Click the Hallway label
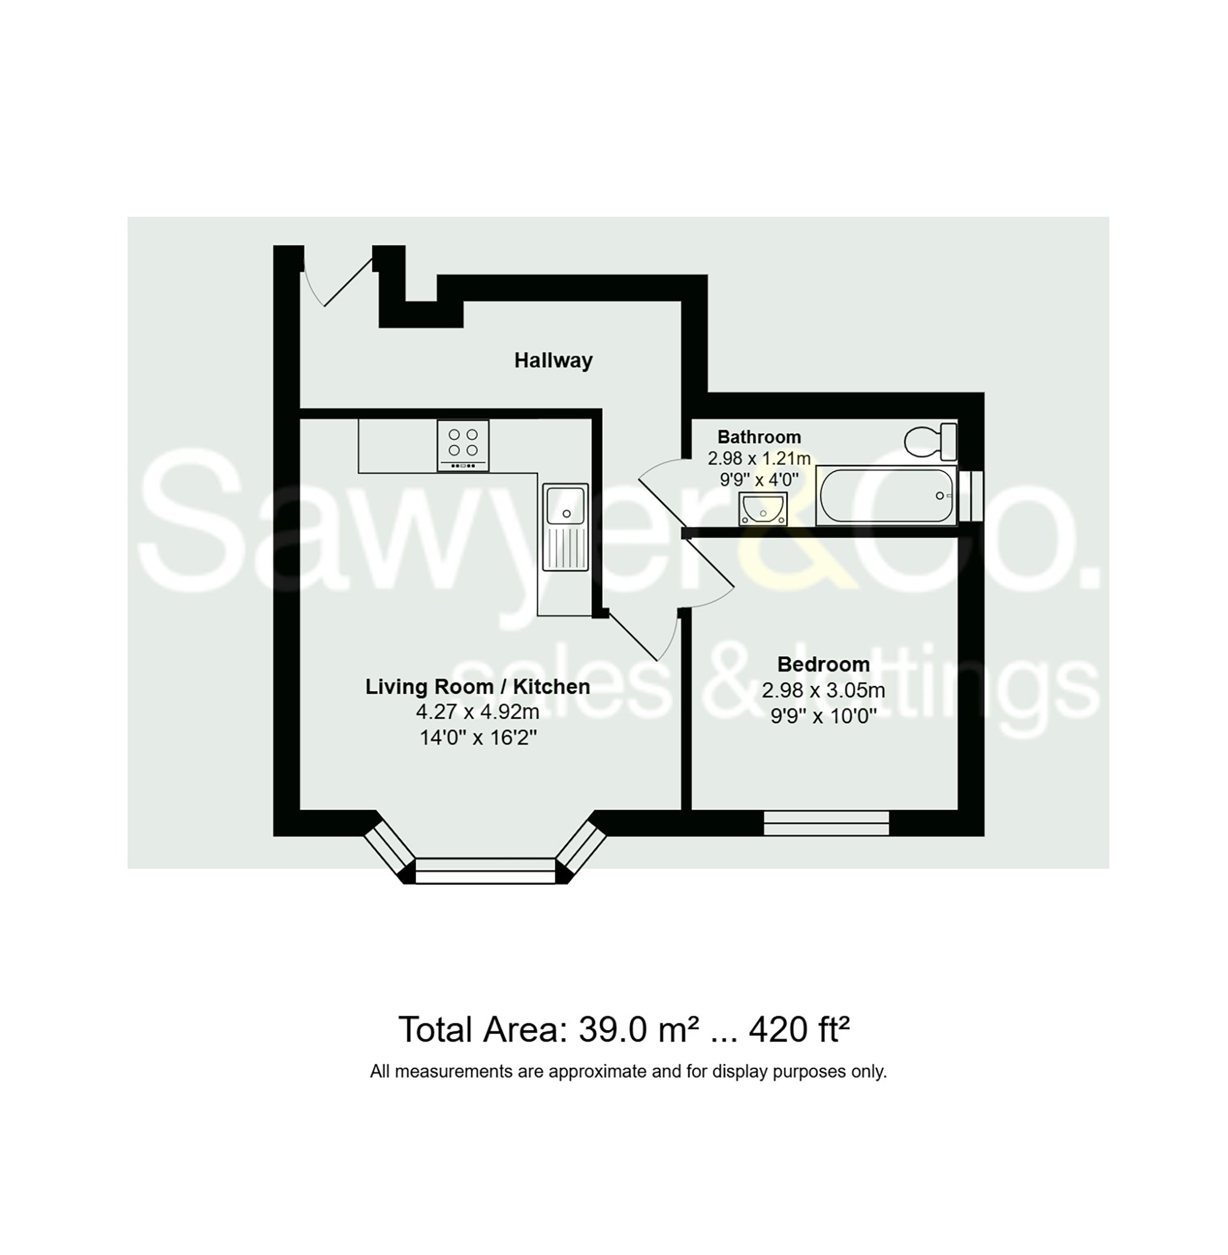554,361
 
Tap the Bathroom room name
759,437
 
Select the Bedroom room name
823,664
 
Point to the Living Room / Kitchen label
477,687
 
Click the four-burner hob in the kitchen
463,445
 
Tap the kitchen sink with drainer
566,527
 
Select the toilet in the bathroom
930,442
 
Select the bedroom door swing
710,573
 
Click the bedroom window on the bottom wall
826,823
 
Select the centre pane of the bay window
485,870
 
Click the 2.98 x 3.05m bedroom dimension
823,690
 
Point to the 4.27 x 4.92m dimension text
477,712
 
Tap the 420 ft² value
799,1030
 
